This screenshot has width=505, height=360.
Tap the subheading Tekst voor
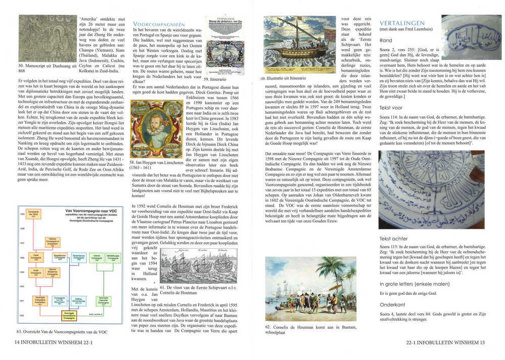pyautogui.click(x=391, y=108)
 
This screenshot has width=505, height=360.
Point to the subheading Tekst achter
pyautogui.click(x=393, y=238)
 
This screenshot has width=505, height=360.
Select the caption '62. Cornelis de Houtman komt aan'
pyautogui.click(x=299, y=330)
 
